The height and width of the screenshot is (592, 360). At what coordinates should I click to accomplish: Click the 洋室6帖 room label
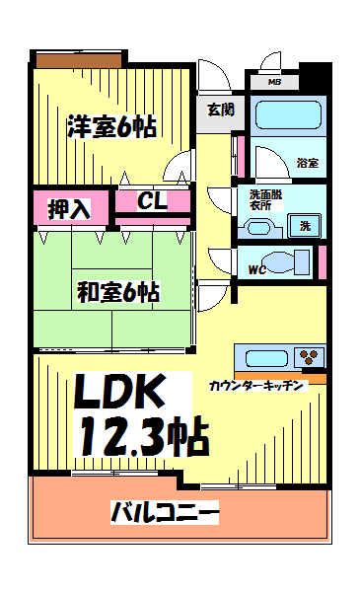click(111, 126)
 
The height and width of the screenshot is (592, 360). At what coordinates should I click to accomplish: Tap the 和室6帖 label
click(118, 292)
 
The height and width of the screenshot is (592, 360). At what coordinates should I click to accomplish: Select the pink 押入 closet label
click(70, 208)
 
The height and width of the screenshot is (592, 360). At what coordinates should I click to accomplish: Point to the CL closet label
click(152, 202)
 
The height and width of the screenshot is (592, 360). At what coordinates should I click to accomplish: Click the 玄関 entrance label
click(220, 110)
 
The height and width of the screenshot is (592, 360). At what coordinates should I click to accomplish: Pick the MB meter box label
click(274, 82)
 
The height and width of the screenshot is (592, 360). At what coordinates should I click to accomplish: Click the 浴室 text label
click(307, 162)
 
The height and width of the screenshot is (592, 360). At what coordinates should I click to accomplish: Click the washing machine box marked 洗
click(307, 226)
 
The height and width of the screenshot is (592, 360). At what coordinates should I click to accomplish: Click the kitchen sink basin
click(263, 357)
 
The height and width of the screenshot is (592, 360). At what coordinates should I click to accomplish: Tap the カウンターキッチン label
click(259, 385)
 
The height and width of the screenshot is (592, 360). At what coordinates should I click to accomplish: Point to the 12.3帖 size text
click(144, 435)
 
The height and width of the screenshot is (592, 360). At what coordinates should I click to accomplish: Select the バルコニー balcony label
click(165, 513)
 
